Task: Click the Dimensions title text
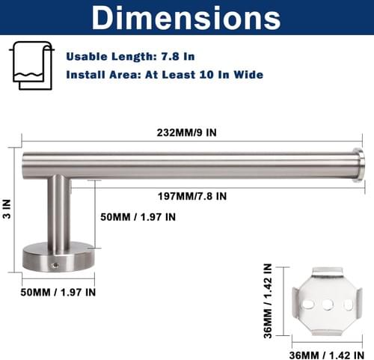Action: pos(186,18)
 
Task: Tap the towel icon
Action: pos(32,65)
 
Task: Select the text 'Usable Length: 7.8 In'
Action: pos(130,56)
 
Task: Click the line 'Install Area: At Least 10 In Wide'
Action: pos(165,75)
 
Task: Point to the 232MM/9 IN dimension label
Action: pos(186,132)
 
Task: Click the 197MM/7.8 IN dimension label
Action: pos(192,196)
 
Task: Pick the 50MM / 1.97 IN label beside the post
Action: pos(138,217)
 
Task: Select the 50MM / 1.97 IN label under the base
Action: pos(58,292)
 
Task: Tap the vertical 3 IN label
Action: pos(7,209)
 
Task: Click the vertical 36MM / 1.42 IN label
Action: pos(268,301)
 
